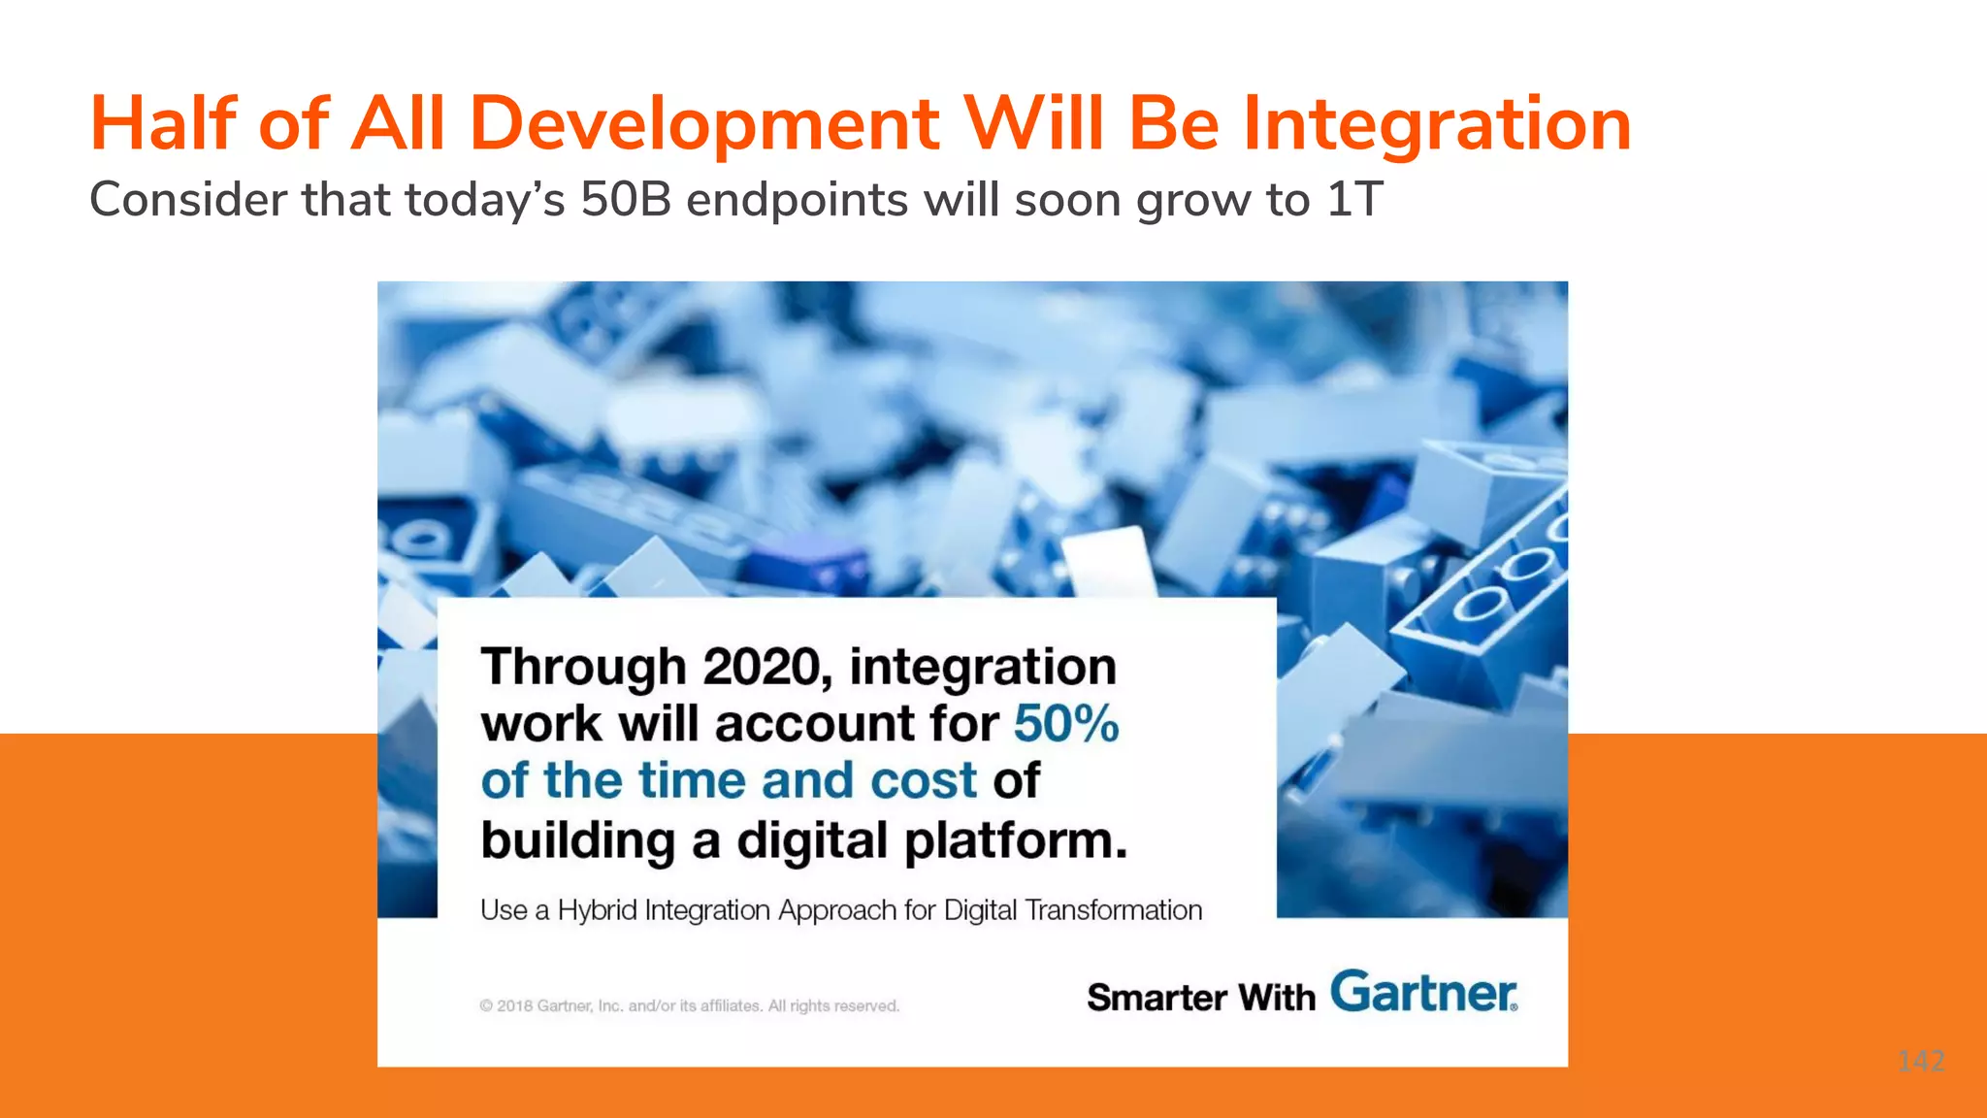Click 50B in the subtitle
pos(626,199)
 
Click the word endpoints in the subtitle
pos(797,201)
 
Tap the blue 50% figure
pos(1066,724)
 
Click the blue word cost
pos(923,781)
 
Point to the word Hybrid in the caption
pos(597,910)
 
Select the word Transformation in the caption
pos(1113,910)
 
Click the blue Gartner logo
pos(1422,992)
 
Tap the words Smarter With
pos(1200,998)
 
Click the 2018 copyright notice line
pos(689,1006)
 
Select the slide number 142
pos(1920,1061)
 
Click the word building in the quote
pos(577,840)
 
